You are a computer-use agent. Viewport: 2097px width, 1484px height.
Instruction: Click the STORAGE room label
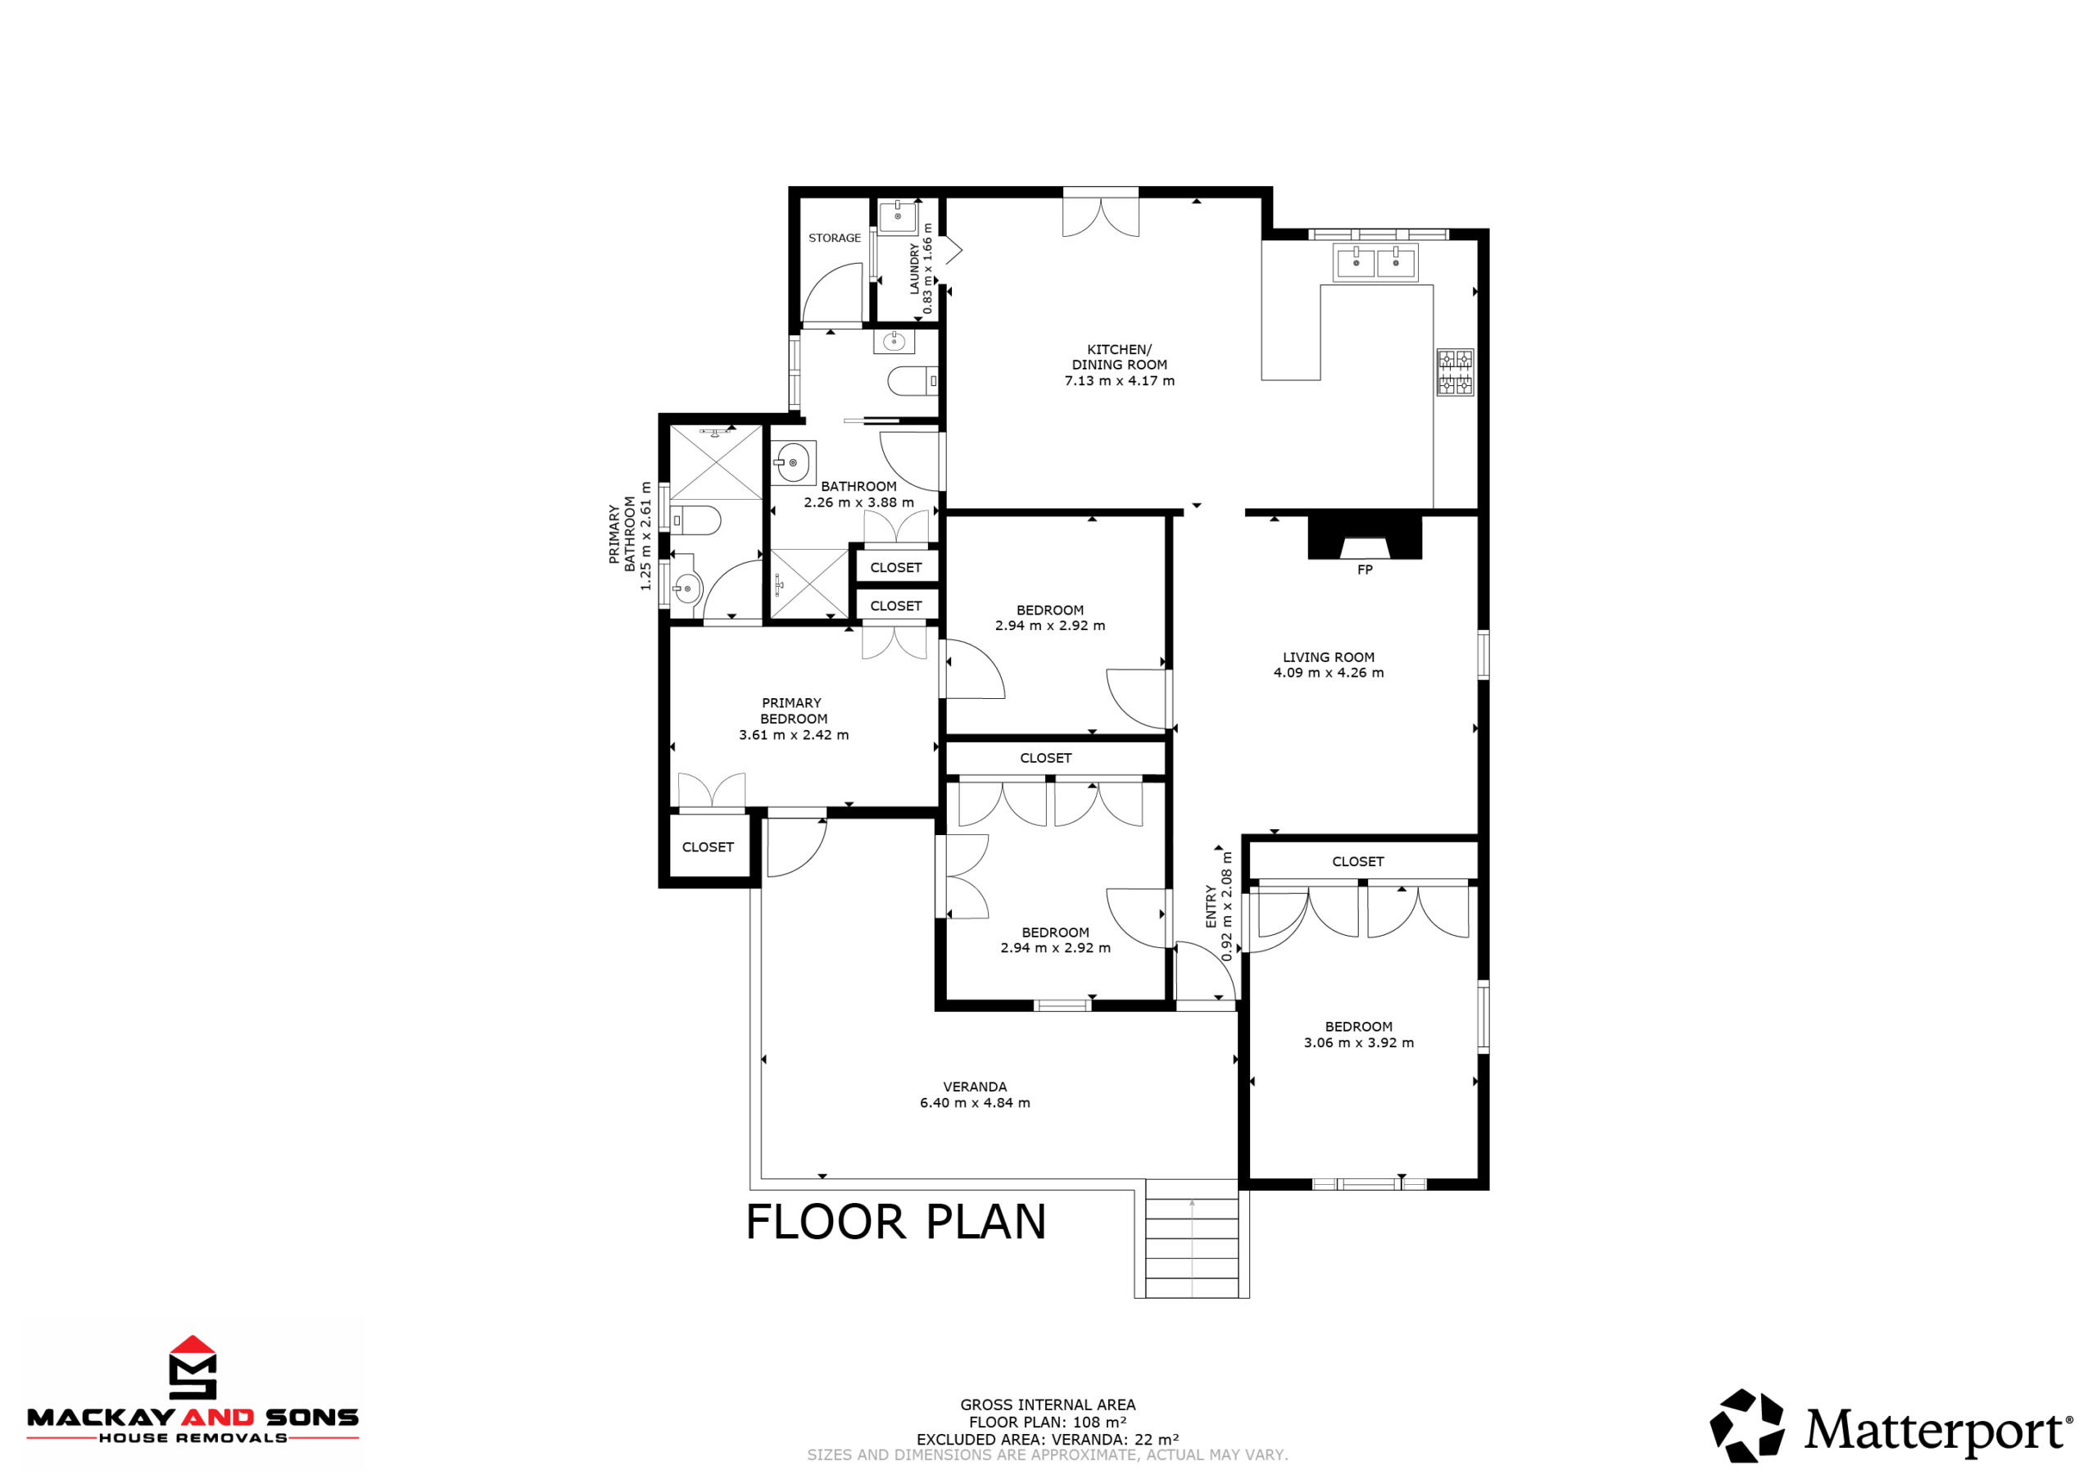(834, 238)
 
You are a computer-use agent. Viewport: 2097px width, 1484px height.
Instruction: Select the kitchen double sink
(1375, 262)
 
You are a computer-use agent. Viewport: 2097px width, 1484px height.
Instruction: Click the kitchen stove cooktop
(1454, 372)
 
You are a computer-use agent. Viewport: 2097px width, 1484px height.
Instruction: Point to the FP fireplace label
(1365, 570)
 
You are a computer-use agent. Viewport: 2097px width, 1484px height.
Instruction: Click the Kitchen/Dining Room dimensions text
(1119, 381)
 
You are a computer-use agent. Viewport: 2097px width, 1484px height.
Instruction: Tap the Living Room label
(1328, 657)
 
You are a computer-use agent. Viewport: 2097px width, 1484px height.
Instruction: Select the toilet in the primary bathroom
(695, 521)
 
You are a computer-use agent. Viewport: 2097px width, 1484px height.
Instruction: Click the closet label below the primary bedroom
(708, 847)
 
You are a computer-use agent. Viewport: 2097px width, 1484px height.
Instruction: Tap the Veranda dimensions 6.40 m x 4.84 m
(975, 1103)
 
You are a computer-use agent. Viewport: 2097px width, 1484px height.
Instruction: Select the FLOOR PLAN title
(895, 1222)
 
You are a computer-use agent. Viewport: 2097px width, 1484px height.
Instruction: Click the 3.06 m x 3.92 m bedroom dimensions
(1358, 1042)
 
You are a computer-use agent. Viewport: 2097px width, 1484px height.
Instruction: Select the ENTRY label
(1211, 905)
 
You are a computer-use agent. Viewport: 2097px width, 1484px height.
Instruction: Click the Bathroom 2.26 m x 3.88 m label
(858, 494)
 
